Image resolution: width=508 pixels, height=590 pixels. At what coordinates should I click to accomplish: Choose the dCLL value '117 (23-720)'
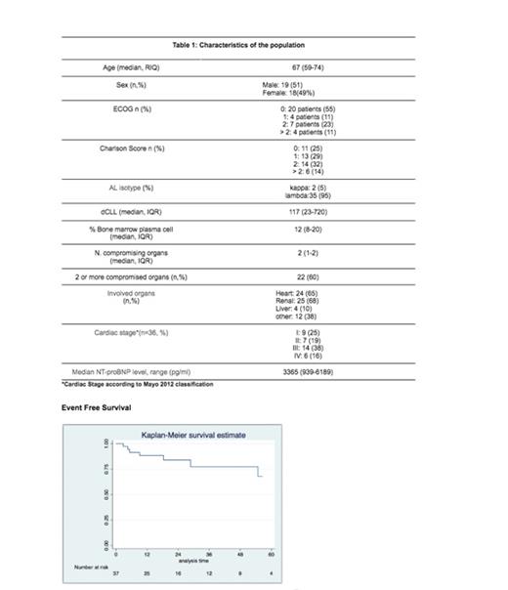[x=309, y=210]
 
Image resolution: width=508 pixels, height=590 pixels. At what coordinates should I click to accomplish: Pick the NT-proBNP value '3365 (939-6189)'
[x=309, y=373]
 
